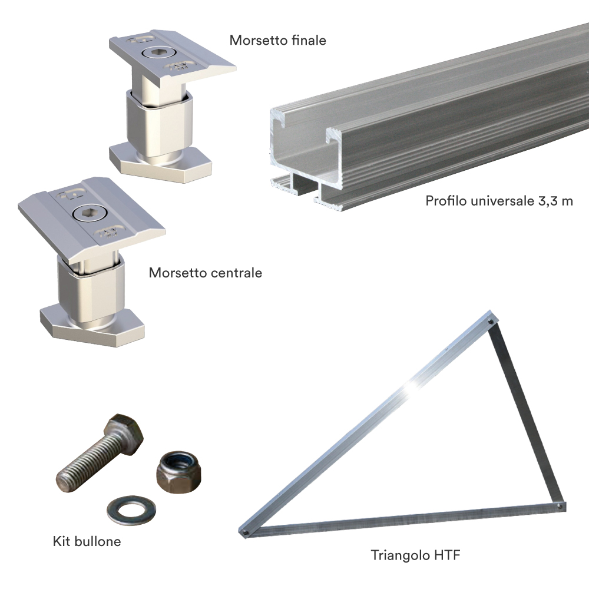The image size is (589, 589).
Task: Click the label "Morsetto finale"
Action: (277, 41)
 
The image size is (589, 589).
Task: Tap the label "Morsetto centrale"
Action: (205, 273)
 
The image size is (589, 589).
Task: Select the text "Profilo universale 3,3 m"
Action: (499, 201)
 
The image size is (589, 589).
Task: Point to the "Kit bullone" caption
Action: (87, 541)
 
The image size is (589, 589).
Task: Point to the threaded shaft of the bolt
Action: (86, 461)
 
